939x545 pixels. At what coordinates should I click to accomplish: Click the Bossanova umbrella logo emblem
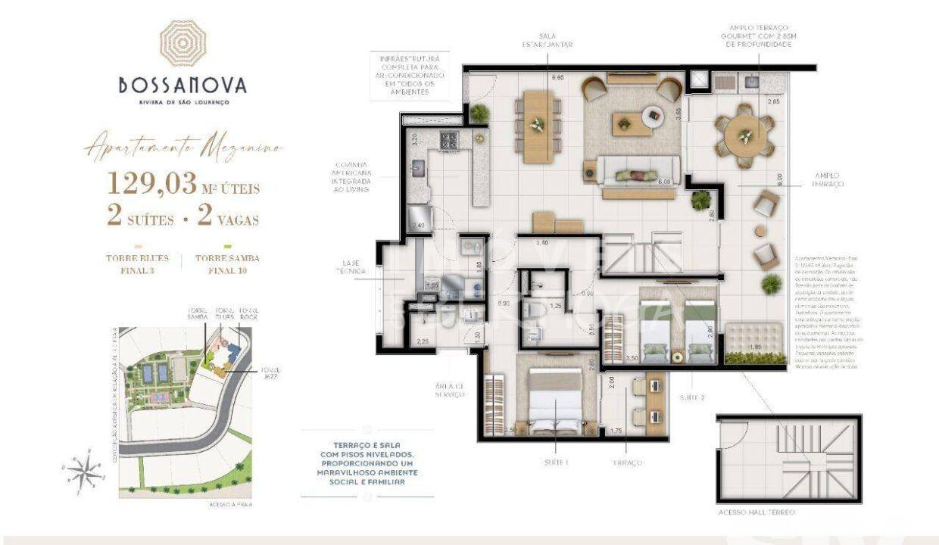[x=182, y=43]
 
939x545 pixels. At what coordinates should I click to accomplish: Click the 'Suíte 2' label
[x=691, y=397]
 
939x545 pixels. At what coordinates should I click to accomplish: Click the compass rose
[x=86, y=470]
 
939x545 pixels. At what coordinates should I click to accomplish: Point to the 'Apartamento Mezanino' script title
[x=183, y=148]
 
